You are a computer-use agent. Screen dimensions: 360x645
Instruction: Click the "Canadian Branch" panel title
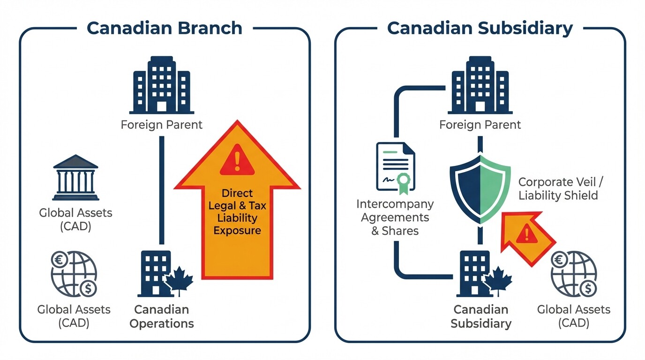click(165, 28)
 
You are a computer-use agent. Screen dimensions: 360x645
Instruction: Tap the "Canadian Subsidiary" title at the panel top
click(480, 28)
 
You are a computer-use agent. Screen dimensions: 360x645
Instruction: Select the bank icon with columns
click(75, 177)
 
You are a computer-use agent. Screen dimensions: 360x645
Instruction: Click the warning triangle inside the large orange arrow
click(237, 159)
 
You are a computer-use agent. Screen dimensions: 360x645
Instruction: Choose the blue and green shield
click(480, 187)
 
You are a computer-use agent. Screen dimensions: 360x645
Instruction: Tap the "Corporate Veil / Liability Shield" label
click(558, 188)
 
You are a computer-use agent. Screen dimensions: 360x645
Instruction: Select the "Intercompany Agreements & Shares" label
click(395, 217)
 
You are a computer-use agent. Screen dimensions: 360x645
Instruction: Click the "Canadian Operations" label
click(162, 316)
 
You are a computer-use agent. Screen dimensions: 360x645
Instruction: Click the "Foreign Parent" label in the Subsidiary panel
click(480, 125)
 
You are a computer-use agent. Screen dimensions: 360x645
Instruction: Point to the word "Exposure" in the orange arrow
click(237, 230)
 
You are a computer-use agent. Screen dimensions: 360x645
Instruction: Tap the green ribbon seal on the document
click(403, 180)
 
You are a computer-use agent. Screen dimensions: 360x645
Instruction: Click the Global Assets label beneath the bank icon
click(75, 219)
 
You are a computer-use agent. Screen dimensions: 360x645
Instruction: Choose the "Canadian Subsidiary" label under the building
click(480, 316)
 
